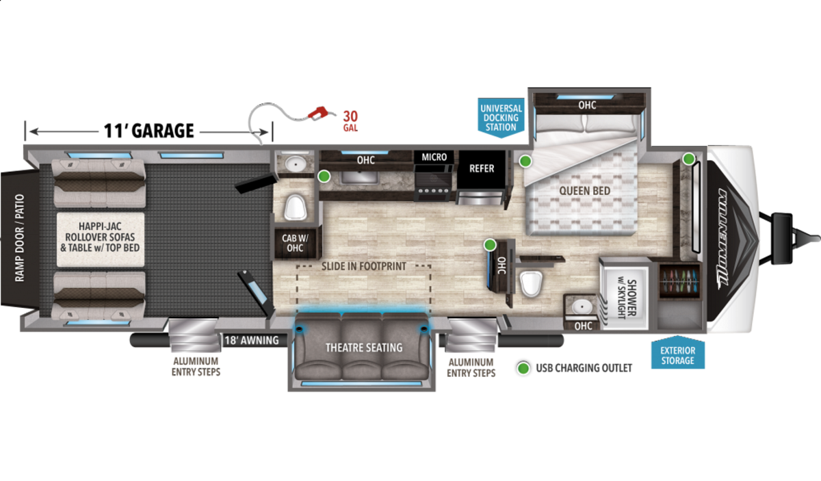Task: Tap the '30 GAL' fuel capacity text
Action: pyautogui.click(x=350, y=121)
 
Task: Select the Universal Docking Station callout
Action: pyautogui.click(x=501, y=118)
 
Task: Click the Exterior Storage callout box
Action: pyautogui.click(x=678, y=353)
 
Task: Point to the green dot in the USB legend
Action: pyautogui.click(x=523, y=368)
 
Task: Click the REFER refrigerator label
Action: pyautogui.click(x=482, y=168)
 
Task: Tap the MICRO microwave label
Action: pyautogui.click(x=434, y=157)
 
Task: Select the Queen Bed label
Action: pyautogui.click(x=584, y=191)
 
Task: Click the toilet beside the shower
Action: pyautogui.click(x=531, y=283)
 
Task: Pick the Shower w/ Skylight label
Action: pyautogui.click(x=627, y=299)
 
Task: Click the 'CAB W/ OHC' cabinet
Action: pyautogui.click(x=296, y=243)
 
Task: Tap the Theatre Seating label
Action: pyautogui.click(x=364, y=348)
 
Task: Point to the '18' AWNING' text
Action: pyautogui.click(x=252, y=341)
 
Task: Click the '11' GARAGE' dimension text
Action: pyautogui.click(x=149, y=131)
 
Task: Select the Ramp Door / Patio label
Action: pyautogui.click(x=19, y=238)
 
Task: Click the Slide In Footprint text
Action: pyautogui.click(x=363, y=266)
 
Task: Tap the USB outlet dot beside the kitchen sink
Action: pyautogui.click(x=324, y=177)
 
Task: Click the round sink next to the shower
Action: pyautogui.click(x=582, y=307)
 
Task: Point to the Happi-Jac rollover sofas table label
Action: pyautogui.click(x=100, y=237)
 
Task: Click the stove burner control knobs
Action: pyautogui.click(x=434, y=191)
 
